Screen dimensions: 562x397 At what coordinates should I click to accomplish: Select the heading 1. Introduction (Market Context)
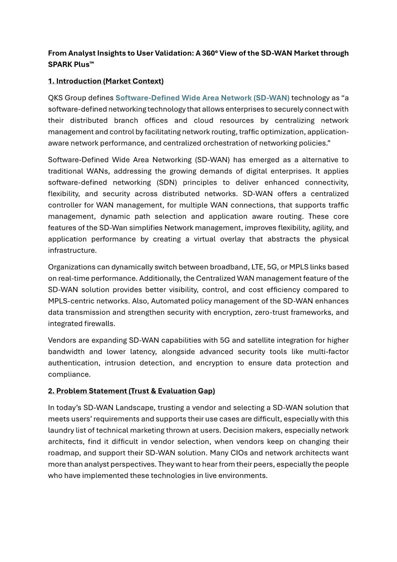[105, 81]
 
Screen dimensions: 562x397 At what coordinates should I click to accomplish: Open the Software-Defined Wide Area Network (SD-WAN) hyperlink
[202, 98]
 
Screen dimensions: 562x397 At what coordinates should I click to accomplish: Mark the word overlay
[228, 239]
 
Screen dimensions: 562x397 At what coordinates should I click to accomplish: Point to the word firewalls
[97, 324]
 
